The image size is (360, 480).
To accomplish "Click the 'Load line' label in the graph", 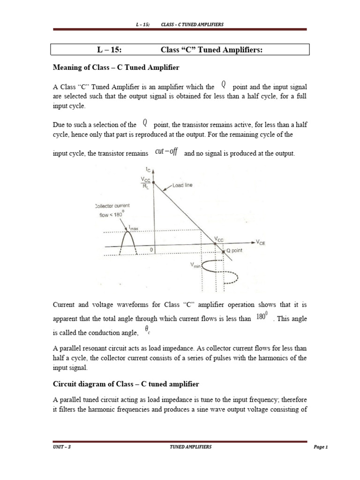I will pos(182,185).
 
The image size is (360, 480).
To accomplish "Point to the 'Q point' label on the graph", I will pos(238,251).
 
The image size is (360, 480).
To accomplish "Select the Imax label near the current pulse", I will pos(134,228).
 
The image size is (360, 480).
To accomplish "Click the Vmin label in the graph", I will pos(195,265).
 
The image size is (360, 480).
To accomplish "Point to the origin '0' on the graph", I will pos(151,250).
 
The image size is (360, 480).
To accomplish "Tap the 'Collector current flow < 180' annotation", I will pos(112,210).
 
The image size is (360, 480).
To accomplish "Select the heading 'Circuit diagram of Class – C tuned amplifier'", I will pos(126,384).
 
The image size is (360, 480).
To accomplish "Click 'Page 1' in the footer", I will pos(321,447).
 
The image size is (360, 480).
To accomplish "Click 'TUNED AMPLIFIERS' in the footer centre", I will pos(190,447).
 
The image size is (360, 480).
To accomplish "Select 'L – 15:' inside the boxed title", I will pos(109,50).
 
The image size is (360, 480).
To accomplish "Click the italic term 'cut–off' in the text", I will pos(166,153).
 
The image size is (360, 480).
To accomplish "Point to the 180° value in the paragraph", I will pos(262,317).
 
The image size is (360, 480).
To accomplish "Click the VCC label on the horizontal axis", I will pos(219,239).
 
